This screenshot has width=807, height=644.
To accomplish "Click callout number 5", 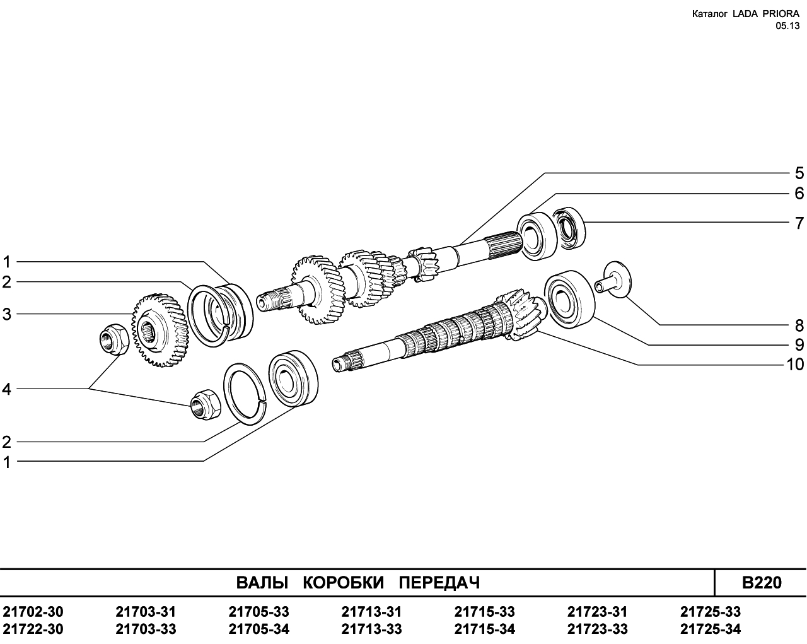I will pyautogui.click(x=799, y=173).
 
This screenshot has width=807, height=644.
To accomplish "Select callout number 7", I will pyautogui.click(x=799, y=223).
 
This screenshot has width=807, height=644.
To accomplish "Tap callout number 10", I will pyautogui.click(x=795, y=365).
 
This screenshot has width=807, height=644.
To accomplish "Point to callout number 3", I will pyautogui.click(x=7, y=313).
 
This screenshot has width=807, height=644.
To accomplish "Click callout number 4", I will pyautogui.click(x=7, y=389).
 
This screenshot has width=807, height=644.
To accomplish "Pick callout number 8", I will pyautogui.click(x=799, y=325).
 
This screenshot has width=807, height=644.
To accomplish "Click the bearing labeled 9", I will pyautogui.click(x=569, y=298).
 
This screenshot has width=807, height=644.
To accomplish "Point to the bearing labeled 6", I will pyautogui.click(x=537, y=235).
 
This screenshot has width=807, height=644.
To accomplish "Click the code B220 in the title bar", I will pyautogui.click(x=761, y=582).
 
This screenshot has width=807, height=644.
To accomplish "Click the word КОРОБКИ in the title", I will pyautogui.click(x=343, y=582).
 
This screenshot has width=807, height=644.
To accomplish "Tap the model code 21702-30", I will pyautogui.click(x=33, y=612).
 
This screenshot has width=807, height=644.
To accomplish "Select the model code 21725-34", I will pyautogui.click(x=711, y=629).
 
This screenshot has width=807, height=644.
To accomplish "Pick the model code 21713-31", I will pyautogui.click(x=371, y=612).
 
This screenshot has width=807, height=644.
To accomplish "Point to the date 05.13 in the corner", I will pyautogui.click(x=787, y=26).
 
